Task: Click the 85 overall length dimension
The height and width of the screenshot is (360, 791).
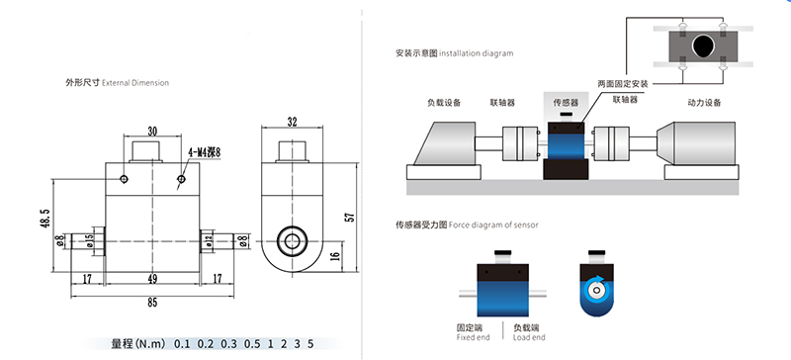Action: click(152, 303)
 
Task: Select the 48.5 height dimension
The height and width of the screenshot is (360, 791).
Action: click(44, 219)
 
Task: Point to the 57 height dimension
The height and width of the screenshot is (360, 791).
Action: click(351, 217)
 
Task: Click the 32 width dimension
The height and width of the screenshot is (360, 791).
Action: click(292, 122)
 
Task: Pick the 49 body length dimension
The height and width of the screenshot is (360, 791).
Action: click(152, 278)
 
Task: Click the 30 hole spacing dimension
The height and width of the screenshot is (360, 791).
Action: click(152, 132)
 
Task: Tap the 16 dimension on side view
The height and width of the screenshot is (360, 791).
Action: click(335, 256)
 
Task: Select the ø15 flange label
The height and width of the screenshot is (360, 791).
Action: click(90, 241)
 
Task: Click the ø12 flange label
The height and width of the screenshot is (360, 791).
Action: click(208, 241)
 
